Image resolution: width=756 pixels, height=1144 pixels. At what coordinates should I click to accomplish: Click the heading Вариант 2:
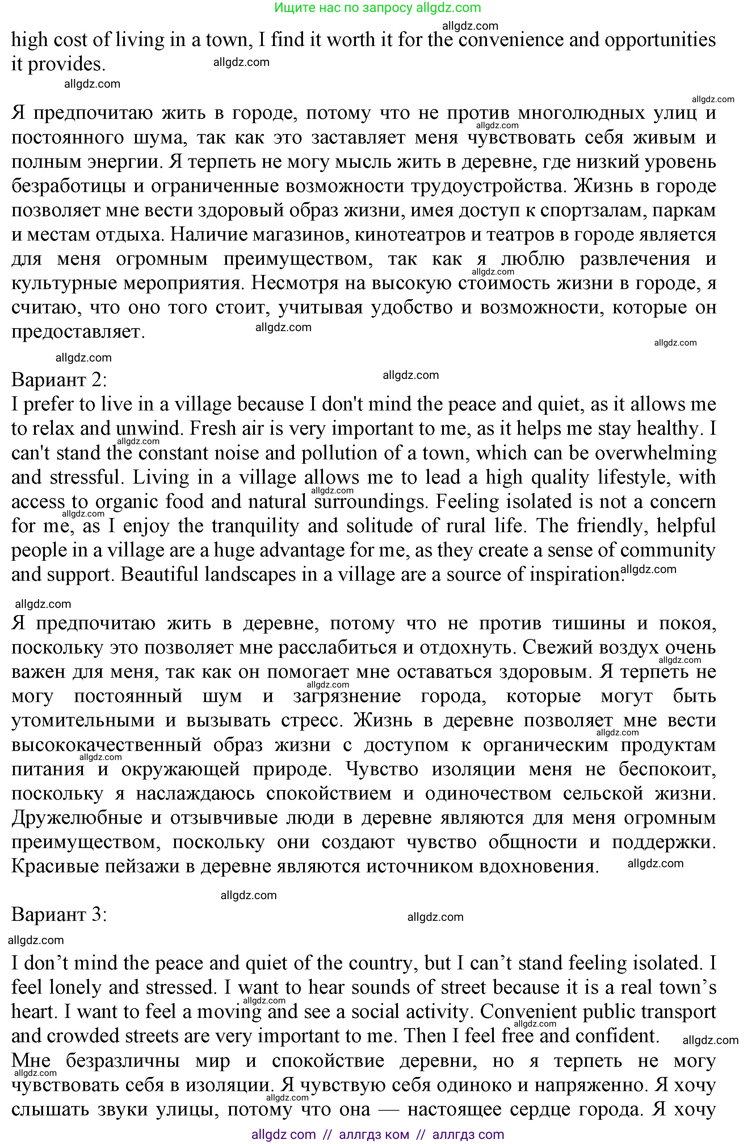click(x=59, y=380)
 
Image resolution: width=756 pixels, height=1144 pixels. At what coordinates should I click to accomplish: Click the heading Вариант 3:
click(x=59, y=914)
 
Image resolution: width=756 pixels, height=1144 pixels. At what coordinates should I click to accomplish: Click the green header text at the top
click(x=378, y=8)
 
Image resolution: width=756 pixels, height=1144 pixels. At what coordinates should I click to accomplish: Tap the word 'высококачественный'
click(x=106, y=745)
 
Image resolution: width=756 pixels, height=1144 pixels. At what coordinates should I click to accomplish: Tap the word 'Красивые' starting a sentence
click(x=54, y=867)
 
